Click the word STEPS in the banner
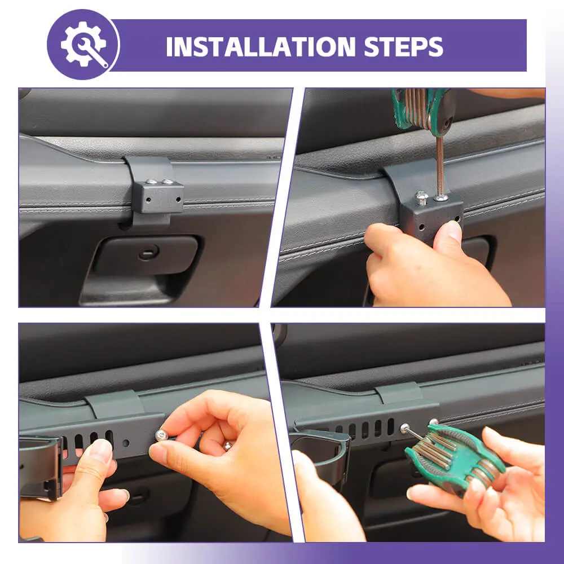[x=403, y=46]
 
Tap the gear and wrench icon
[x=84, y=44]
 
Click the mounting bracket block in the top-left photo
[x=158, y=196]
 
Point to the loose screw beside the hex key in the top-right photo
[x=421, y=197]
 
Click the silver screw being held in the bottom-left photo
[x=161, y=435]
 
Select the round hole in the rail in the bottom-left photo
[x=126, y=442]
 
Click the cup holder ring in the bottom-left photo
[x=40, y=468]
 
